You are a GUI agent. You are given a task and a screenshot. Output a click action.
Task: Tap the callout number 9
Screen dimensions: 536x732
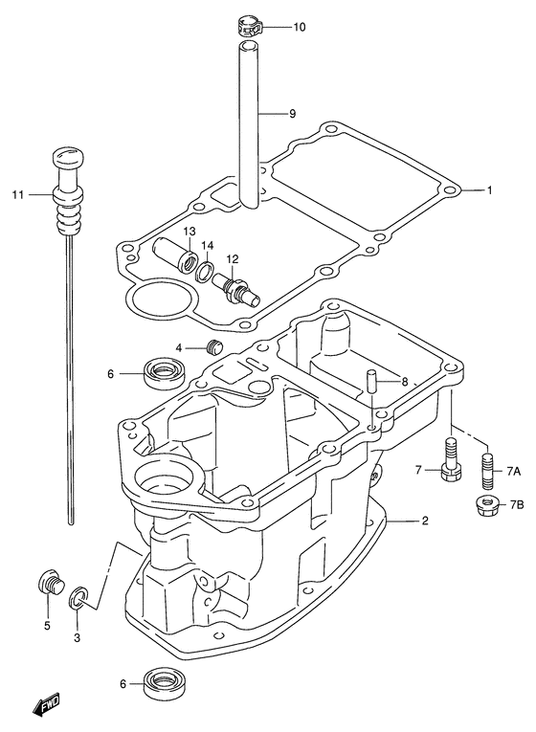292,114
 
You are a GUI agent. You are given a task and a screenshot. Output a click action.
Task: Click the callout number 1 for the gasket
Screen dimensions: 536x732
490,190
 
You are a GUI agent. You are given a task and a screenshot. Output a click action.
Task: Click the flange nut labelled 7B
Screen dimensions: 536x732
488,504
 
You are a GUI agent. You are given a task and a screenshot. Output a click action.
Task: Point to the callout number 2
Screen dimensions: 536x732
424,521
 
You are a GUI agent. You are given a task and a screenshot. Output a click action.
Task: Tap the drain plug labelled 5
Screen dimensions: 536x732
51,582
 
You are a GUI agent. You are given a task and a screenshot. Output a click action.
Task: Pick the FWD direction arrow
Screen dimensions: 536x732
44,701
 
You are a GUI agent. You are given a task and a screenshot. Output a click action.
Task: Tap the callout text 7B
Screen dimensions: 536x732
517,504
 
